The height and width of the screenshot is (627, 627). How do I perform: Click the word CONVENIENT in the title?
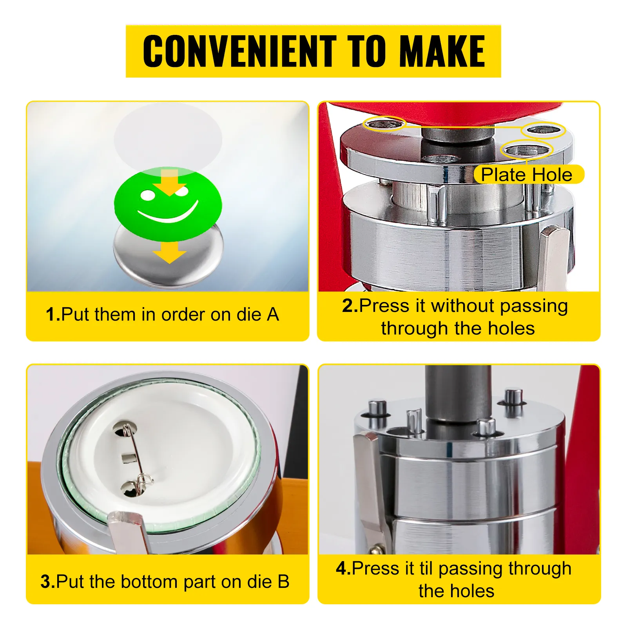(239, 51)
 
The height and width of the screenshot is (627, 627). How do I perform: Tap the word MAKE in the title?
(442, 51)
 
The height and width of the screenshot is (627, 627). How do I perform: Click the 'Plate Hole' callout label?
(527, 174)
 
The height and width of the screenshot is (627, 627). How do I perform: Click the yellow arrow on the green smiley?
(170, 183)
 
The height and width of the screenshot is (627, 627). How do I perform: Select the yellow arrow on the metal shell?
(170, 252)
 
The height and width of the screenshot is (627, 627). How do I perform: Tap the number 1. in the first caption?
(53, 314)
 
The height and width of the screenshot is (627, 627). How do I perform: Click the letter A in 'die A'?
(273, 314)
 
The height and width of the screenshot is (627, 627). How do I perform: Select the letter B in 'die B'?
(283, 582)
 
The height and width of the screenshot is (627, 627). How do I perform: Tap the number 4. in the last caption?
(344, 568)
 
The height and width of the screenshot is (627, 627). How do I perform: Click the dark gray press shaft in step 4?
(458, 396)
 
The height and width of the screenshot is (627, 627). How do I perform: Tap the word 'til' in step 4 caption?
(426, 568)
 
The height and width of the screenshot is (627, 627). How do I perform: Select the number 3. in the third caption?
(48, 582)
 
